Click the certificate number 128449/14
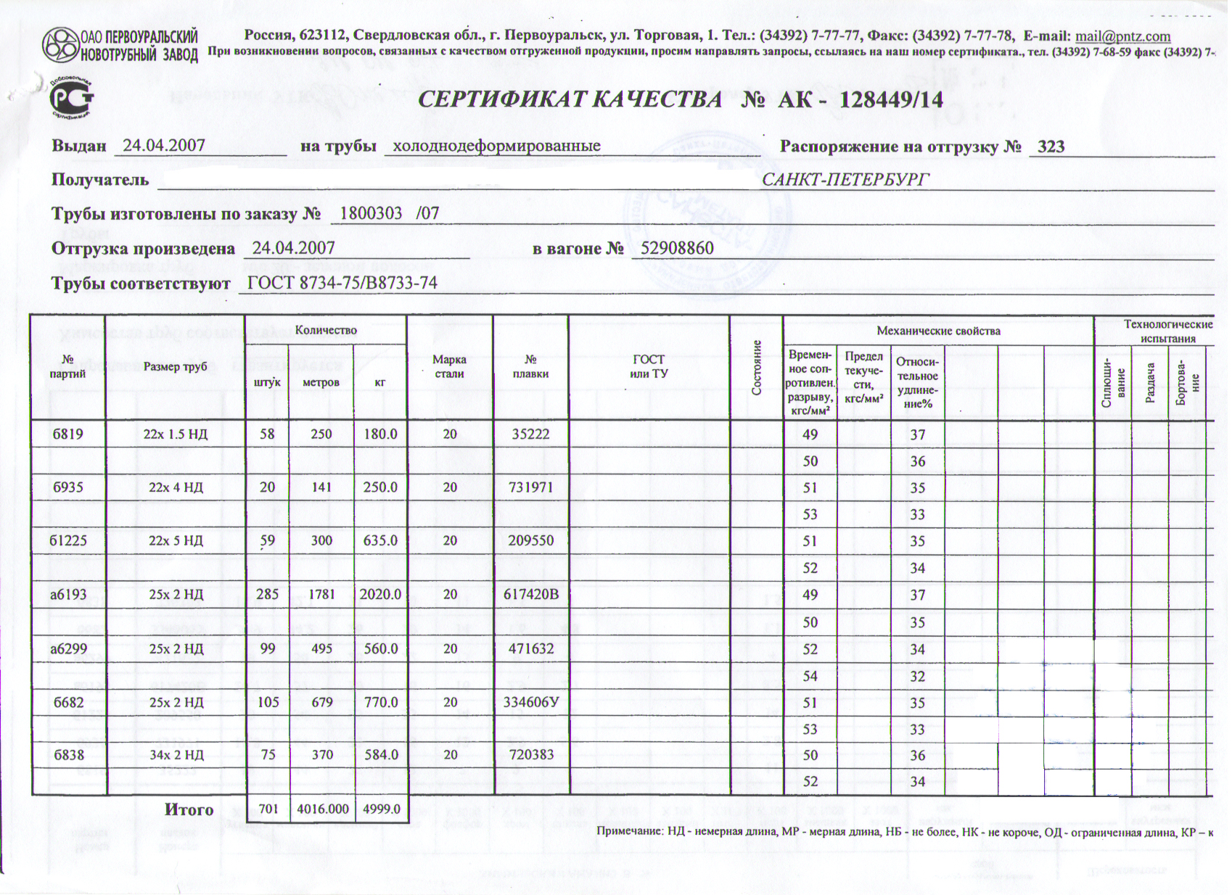click(891, 99)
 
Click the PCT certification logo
click(71, 97)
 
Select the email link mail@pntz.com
click(1122, 36)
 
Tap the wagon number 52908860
click(677, 249)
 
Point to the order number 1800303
click(371, 213)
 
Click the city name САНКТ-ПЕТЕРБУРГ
click(845, 179)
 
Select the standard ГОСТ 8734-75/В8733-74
click(342, 283)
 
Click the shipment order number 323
click(1051, 147)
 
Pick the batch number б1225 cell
click(68, 541)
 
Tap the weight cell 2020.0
click(380, 595)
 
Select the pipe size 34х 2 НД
click(176, 755)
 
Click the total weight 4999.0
click(382, 809)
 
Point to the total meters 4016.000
click(323, 809)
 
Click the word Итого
click(189, 809)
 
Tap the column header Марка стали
click(449, 367)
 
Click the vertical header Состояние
click(757, 367)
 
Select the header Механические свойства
click(938, 331)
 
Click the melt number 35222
click(530, 434)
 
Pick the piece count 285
click(267, 595)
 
